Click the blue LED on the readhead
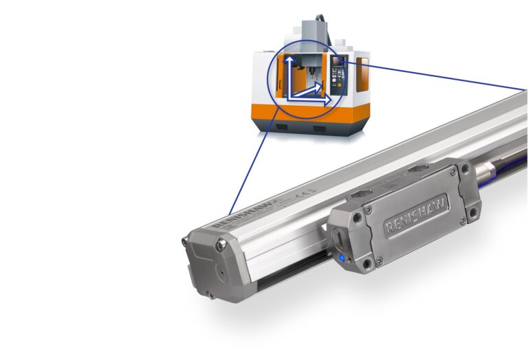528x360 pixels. pyautogui.click(x=342, y=258)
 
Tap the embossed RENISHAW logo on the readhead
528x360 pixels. pyautogui.click(x=416, y=216)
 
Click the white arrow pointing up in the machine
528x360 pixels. pyautogui.click(x=291, y=72)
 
